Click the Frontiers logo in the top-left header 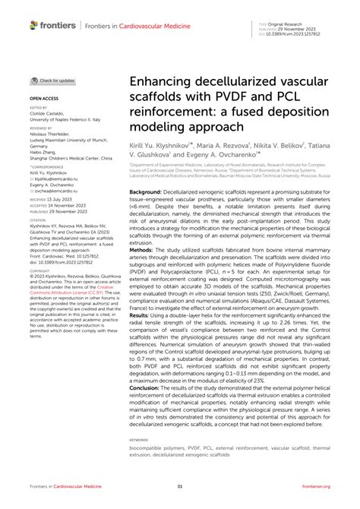pos(52,26)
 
